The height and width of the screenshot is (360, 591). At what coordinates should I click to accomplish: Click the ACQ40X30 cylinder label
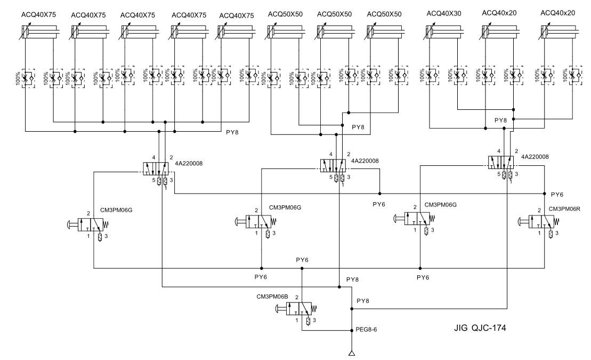pos(446,13)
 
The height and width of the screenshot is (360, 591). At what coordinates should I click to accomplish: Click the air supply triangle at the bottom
pos(351,353)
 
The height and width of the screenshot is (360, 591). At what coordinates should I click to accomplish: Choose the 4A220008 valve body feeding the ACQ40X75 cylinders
pos(157,168)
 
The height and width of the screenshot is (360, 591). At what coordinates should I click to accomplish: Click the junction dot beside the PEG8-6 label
pos(351,331)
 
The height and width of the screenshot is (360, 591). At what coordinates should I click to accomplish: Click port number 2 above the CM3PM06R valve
pos(539,210)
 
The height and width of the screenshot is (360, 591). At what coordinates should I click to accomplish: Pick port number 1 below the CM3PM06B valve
pos(296,319)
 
